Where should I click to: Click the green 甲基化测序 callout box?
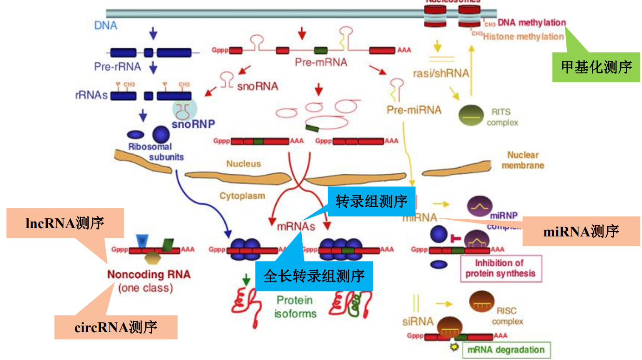click(596, 67)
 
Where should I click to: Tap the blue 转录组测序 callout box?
click(371, 201)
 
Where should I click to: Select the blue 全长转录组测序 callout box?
click(314, 277)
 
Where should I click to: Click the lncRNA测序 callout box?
click(65, 223)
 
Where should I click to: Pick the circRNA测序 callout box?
click(116, 327)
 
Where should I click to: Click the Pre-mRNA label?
click(321, 62)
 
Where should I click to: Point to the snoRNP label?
click(190, 124)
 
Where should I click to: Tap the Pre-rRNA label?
click(117, 66)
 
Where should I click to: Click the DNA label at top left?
click(106, 25)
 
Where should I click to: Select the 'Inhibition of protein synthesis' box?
click(500, 268)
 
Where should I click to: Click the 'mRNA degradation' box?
click(506, 350)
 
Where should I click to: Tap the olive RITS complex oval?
click(471, 116)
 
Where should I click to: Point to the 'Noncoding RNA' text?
click(149, 274)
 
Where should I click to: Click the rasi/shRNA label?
click(441, 73)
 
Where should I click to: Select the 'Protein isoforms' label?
click(295, 307)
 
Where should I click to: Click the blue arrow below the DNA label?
click(154, 33)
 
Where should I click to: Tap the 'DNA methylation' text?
click(532, 23)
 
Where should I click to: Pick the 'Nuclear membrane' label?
click(523, 160)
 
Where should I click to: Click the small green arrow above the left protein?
click(246, 280)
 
